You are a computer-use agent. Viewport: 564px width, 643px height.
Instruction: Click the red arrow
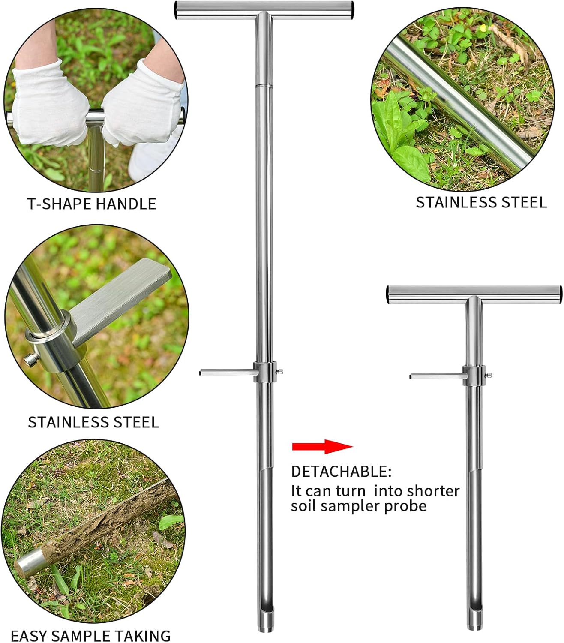(322, 446)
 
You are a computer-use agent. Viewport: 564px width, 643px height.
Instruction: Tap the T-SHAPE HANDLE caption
(92, 204)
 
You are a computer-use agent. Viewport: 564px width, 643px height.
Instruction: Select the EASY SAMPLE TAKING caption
(90, 635)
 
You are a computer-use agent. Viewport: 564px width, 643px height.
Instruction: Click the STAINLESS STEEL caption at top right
(481, 202)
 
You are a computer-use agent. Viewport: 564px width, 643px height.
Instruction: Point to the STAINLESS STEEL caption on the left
(93, 422)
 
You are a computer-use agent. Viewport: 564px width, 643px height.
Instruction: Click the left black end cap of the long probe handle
(177, 10)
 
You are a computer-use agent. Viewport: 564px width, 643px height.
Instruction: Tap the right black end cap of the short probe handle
(558, 294)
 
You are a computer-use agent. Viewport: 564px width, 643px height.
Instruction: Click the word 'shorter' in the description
(433, 491)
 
